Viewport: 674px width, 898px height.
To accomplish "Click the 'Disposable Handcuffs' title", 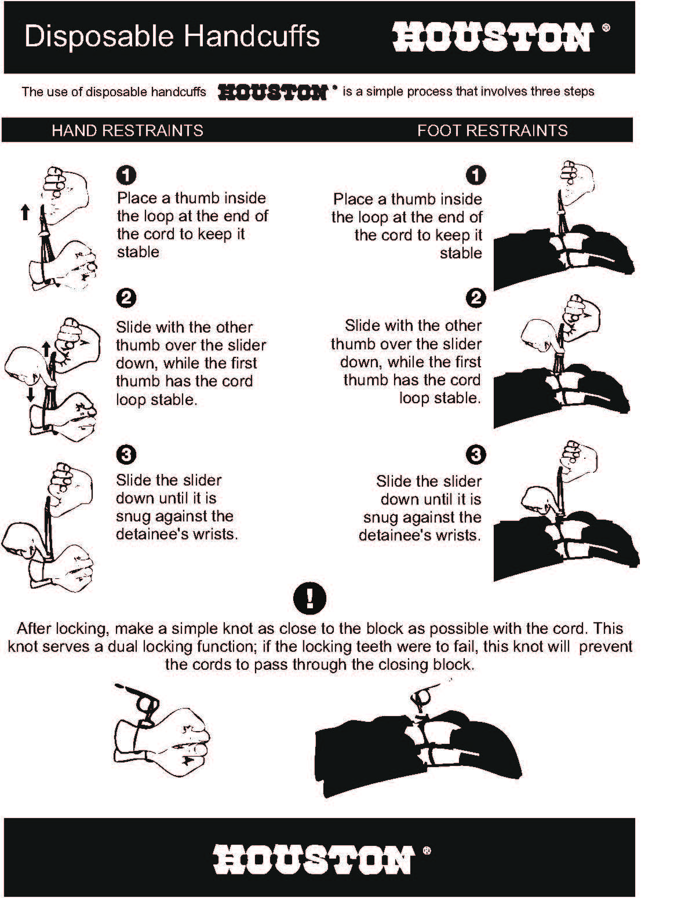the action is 172,37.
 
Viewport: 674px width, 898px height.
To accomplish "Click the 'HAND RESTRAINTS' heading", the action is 127,130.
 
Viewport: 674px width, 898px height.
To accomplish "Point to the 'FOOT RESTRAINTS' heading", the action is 492,130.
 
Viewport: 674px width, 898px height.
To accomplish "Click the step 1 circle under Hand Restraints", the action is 126,175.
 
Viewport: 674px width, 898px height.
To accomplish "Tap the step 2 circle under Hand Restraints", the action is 126,298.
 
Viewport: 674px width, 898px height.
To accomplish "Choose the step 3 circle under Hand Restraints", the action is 126,455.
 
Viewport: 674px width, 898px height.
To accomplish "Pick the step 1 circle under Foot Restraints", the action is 476,175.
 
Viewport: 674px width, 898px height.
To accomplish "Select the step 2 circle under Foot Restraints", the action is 476,298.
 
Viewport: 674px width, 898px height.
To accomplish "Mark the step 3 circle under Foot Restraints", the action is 476,455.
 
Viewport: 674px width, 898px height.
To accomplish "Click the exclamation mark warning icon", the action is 310,598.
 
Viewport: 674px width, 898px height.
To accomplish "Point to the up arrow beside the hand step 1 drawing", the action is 25,212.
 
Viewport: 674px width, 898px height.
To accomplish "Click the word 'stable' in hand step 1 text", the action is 138,252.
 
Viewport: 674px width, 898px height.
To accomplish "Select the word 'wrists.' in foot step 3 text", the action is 460,535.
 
